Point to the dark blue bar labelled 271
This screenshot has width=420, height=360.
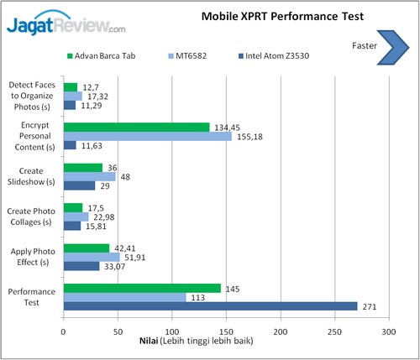[210, 306]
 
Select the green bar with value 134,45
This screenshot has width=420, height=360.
[136, 127]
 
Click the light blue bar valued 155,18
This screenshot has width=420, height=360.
[147, 136]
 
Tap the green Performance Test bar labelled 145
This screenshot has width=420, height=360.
[142, 288]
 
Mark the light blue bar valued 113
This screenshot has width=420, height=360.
[124, 297]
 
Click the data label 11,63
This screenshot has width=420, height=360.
[92, 146]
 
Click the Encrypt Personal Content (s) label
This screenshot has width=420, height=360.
[32, 136]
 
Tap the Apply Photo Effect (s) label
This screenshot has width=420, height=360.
[32, 256]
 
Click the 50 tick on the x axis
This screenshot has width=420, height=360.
[118, 331]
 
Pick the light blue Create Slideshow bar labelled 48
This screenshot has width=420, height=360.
[89, 176]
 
